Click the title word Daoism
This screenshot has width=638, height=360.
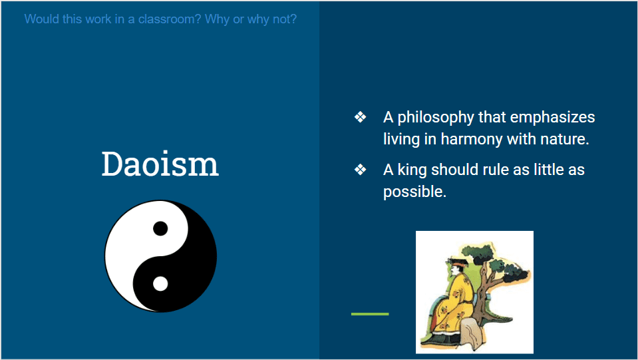160,164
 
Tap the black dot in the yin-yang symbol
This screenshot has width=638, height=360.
160,229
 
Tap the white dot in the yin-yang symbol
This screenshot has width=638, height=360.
160,283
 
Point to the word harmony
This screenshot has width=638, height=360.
472,139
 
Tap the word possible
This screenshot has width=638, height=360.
414,192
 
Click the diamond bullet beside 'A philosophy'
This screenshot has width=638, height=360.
360,117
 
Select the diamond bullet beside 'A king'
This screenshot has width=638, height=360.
360,169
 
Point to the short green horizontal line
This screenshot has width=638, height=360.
370,314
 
